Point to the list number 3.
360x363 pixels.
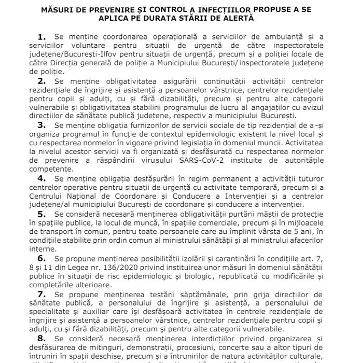(41, 125)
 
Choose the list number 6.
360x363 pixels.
(41, 258)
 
